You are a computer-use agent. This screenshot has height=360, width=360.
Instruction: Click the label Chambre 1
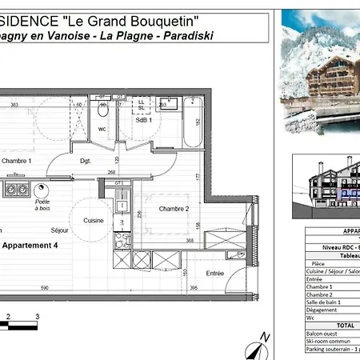[x=16, y=161]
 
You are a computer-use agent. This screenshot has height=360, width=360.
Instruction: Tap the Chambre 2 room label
[x=173, y=209]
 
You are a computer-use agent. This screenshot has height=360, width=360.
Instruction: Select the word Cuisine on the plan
[x=94, y=220]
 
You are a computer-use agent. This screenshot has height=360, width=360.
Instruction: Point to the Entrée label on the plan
[x=214, y=273]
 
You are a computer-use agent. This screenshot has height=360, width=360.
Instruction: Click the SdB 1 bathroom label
[x=145, y=120]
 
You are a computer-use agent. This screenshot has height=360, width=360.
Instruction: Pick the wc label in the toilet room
[x=102, y=129]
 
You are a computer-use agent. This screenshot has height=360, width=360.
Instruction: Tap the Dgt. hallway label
[x=86, y=161]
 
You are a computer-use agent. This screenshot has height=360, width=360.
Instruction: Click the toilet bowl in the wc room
[x=102, y=109]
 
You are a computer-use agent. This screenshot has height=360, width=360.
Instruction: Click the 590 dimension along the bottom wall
[x=46, y=288]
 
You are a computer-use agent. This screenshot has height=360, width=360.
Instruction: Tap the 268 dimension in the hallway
[x=112, y=171]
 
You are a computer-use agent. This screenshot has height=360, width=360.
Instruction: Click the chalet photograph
[x=320, y=72]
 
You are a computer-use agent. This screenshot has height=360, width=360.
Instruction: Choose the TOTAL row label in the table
[x=322, y=326]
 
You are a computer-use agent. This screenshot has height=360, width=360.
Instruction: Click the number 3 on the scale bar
[x=37, y=317]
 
